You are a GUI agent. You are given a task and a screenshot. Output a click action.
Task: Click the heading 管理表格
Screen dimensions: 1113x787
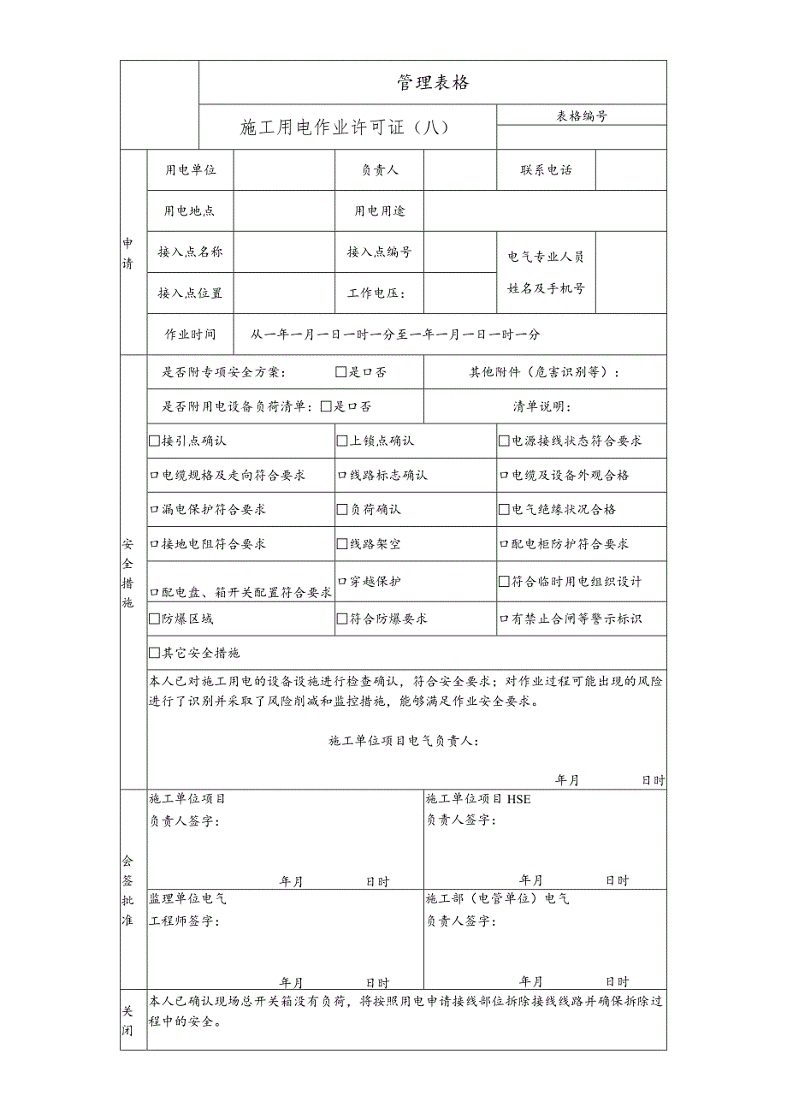[433, 83]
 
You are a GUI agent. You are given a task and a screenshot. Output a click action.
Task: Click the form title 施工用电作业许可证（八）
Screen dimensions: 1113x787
[344, 128]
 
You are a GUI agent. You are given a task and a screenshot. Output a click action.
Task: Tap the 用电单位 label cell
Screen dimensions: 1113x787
[190, 170]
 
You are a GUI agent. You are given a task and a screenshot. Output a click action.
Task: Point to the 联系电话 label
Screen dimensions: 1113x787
[546, 170]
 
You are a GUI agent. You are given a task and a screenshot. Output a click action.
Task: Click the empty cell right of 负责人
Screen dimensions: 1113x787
[459, 170]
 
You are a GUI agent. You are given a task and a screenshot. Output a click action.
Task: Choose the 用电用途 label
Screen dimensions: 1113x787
[380, 211]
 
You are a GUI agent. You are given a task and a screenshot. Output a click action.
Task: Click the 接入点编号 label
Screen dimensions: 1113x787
[379, 252]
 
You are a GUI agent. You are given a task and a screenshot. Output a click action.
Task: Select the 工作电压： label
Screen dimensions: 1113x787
[376, 293]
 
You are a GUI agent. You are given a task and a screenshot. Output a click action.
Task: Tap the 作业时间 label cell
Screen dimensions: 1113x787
[190, 334]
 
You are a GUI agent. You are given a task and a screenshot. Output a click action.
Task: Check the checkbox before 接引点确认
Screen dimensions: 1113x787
[155, 441]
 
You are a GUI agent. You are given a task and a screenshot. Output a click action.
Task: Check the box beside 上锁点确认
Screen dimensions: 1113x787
[343, 441]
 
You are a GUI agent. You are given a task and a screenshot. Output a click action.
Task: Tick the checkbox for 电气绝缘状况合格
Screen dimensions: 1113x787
[505, 510]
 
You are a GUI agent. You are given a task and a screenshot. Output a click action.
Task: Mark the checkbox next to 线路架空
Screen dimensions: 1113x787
[343, 544]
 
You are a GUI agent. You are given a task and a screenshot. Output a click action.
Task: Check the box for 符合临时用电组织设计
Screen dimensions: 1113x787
[505, 582]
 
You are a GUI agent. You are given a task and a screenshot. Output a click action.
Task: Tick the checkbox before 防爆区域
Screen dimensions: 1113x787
[155, 619]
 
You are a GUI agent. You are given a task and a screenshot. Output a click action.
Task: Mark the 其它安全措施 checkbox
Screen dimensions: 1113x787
[155, 654]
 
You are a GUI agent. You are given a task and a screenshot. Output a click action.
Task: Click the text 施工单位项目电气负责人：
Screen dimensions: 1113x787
[404, 741]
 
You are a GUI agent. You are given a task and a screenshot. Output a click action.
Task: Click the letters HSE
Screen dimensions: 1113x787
[518, 799]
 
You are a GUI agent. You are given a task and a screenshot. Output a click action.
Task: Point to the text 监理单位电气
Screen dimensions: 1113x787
[188, 899]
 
